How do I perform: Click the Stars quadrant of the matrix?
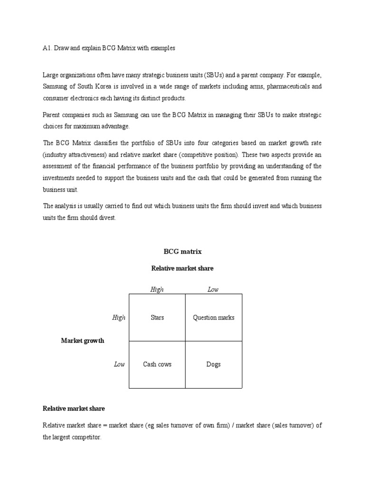pyautogui.click(x=157, y=317)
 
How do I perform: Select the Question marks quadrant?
pyautogui.click(x=213, y=317)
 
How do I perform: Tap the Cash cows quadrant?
pyautogui.click(x=157, y=364)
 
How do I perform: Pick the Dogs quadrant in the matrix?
pyautogui.click(x=213, y=364)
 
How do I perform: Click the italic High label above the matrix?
pyautogui.click(x=157, y=290)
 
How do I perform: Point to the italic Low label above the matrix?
pyautogui.click(x=213, y=290)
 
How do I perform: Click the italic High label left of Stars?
pyautogui.click(x=119, y=317)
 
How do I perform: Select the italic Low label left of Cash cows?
pyautogui.click(x=119, y=364)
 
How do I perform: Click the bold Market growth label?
pyautogui.click(x=83, y=341)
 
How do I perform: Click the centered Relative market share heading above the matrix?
pyautogui.click(x=182, y=268)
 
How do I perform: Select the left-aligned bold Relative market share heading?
pyautogui.click(x=74, y=409)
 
